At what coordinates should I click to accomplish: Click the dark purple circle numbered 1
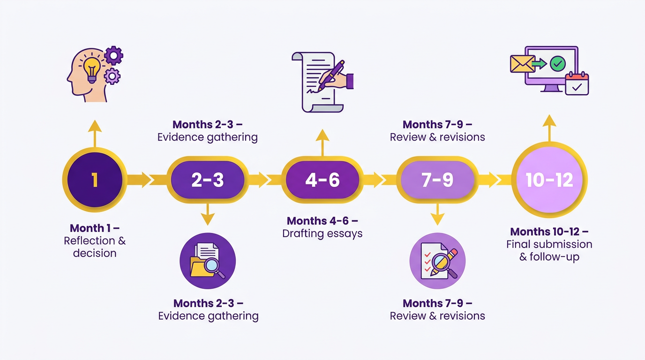click(x=95, y=180)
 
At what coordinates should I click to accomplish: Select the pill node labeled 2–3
click(x=207, y=180)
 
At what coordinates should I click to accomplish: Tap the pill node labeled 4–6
click(x=322, y=180)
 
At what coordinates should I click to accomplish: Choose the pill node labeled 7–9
click(x=437, y=180)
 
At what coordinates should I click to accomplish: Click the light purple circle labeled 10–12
click(x=549, y=180)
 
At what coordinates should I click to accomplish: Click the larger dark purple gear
click(x=114, y=55)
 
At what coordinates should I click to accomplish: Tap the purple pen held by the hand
click(x=330, y=76)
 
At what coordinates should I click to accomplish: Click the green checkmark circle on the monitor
click(x=558, y=64)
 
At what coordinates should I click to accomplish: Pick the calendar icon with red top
click(x=577, y=83)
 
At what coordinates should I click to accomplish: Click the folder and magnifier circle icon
click(x=208, y=261)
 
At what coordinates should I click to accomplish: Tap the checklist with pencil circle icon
click(x=437, y=261)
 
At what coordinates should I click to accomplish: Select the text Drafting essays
click(x=322, y=233)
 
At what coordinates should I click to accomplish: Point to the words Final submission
click(x=549, y=244)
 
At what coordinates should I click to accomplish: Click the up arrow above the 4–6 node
click(x=322, y=142)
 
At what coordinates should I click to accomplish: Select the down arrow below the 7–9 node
click(x=437, y=214)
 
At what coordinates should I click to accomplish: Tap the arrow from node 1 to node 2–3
click(x=138, y=180)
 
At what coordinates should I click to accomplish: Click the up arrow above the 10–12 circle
click(x=549, y=128)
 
